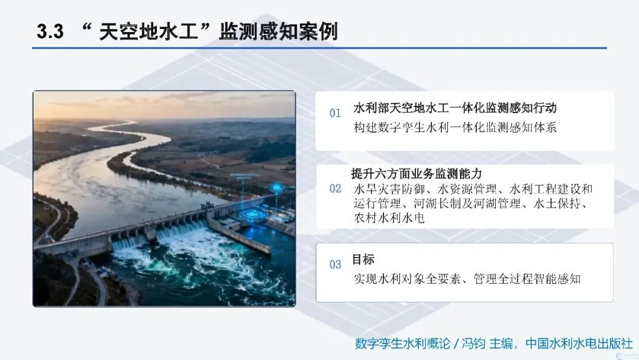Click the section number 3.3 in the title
coord(50,31)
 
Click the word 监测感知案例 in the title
coord(278,31)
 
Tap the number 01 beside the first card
coord(335,113)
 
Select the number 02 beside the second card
coord(335,188)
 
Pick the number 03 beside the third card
coord(335,264)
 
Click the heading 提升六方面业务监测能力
coord(417,173)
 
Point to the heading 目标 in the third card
coord(363,259)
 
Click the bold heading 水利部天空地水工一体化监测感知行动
coord(455,108)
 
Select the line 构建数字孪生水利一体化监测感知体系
coord(455,128)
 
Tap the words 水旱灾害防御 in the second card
coord(389,189)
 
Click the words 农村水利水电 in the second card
coord(389,218)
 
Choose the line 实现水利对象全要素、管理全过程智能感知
coord(467,279)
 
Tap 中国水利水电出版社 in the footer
coord(579,343)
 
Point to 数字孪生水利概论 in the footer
coord(403,343)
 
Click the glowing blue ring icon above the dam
coord(277,187)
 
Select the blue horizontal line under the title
coord(319,48)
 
